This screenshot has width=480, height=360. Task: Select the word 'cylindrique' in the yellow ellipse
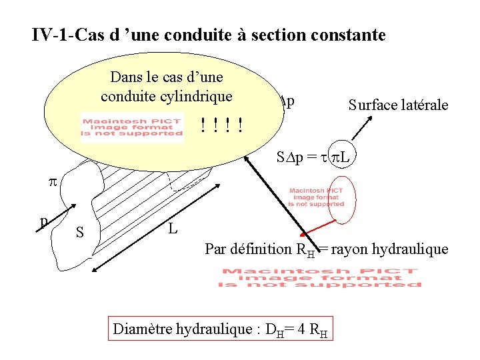pyautogui.click(x=199, y=96)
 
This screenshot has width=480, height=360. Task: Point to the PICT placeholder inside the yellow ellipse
pyautogui.click(x=131, y=125)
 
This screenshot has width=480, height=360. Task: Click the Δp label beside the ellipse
pyautogui.click(x=287, y=102)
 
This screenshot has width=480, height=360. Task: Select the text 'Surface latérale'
pyautogui.click(x=398, y=105)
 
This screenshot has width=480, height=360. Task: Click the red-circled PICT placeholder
pyautogui.click(x=317, y=198)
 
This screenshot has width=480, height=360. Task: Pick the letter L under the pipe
pyautogui.click(x=173, y=229)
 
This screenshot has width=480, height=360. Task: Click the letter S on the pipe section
pyautogui.click(x=79, y=233)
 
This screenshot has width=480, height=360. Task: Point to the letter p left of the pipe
pyautogui.click(x=43, y=221)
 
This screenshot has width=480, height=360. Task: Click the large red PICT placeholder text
pyautogui.click(x=321, y=277)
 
